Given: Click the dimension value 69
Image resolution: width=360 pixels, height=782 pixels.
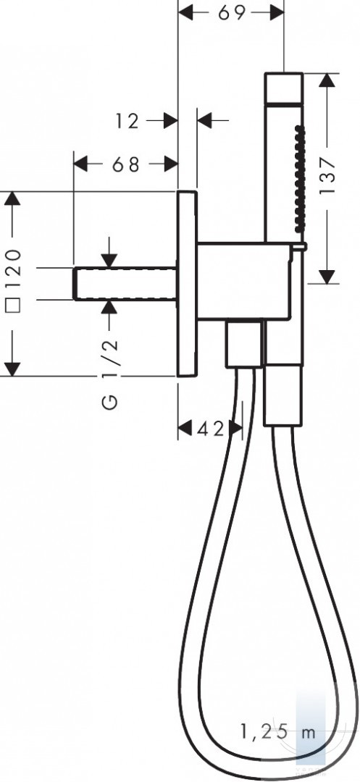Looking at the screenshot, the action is click(x=232, y=12).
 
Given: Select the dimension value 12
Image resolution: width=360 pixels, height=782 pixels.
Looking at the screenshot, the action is click(x=127, y=121).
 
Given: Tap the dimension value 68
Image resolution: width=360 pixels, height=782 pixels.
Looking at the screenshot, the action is click(x=125, y=164).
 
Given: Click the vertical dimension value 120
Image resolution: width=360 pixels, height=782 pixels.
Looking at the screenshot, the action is click(x=14, y=269).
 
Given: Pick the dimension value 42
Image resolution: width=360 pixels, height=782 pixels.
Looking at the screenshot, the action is click(x=210, y=428).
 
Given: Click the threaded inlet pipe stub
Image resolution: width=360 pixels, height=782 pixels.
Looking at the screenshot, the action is click(x=125, y=284).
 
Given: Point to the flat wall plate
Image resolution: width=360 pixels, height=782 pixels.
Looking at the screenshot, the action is click(x=187, y=283).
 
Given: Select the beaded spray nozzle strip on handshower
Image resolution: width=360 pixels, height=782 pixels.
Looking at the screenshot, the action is click(x=299, y=179).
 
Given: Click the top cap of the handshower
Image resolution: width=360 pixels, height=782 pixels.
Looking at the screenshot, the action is click(x=284, y=89).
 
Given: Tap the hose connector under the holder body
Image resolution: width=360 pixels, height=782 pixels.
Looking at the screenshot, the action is click(x=243, y=344).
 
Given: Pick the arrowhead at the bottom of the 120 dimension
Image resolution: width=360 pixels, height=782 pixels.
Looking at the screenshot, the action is click(x=13, y=369).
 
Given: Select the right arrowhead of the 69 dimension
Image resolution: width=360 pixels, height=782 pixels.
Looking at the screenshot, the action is click(x=277, y=12).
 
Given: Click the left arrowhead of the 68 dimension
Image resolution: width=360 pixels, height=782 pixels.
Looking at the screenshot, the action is click(x=81, y=164).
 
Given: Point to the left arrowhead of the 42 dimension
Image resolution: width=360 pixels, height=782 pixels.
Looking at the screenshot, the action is click(x=185, y=428).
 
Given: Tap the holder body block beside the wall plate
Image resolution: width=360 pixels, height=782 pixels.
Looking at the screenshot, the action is click(x=244, y=281).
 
